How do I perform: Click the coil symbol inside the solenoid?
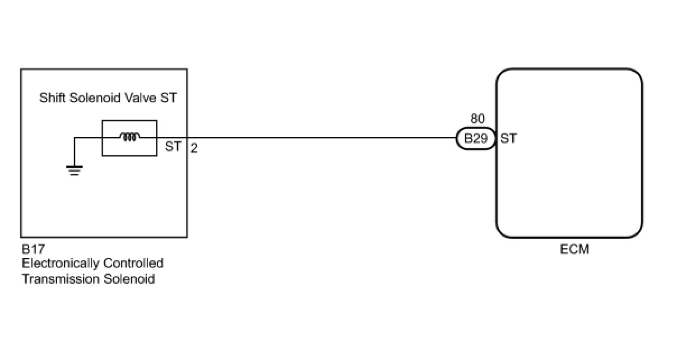point(129,136)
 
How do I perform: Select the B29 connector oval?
point(476,139)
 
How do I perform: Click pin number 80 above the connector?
point(477,119)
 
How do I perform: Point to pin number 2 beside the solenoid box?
point(194,149)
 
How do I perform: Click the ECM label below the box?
point(574,250)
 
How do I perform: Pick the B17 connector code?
point(33,250)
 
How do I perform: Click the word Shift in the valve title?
point(52,98)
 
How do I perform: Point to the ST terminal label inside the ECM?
point(508,139)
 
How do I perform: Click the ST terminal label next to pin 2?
point(174,147)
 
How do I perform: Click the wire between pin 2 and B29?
point(325,137)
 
